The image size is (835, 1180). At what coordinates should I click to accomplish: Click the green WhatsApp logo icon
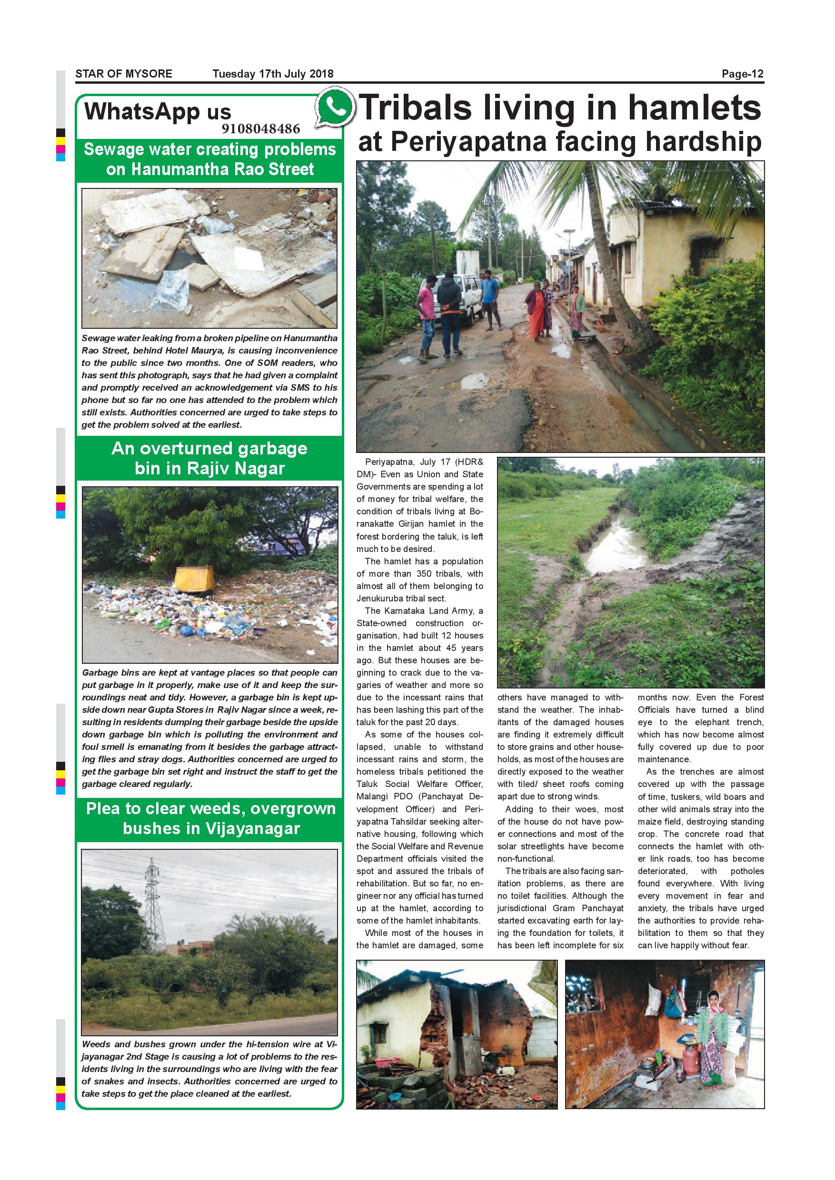[x=335, y=108]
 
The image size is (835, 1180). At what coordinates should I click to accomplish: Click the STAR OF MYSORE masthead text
[x=123, y=73]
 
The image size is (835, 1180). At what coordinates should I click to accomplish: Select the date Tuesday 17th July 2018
[x=273, y=73]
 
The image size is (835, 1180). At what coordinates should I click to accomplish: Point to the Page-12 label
[x=743, y=73]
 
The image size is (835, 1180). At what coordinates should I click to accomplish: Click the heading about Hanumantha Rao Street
[x=209, y=159]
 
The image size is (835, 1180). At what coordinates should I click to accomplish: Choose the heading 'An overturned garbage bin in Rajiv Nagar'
[x=209, y=458]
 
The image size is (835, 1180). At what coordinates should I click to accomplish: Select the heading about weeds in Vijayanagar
[x=210, y=818]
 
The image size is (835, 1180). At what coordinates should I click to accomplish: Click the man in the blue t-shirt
[x=490, y=298]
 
